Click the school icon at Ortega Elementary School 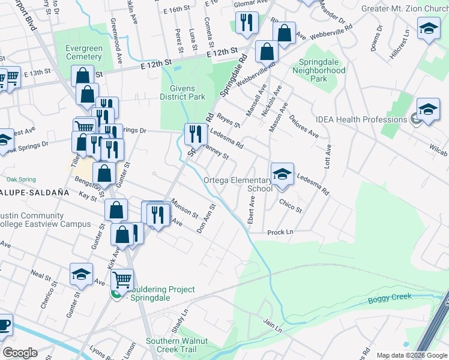(x=282, y=174)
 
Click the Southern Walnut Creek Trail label (x=176, y=345)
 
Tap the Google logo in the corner (x=20, y=353)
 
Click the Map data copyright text (x=412, y=355)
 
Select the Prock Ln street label (x=280, y=232)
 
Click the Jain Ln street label (x=272, y=324)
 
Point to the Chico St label (x=290, y=206)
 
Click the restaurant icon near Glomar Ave (x=246, y=23)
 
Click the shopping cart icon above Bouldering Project (x=122, y=278)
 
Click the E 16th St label (x=179, y=10)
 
